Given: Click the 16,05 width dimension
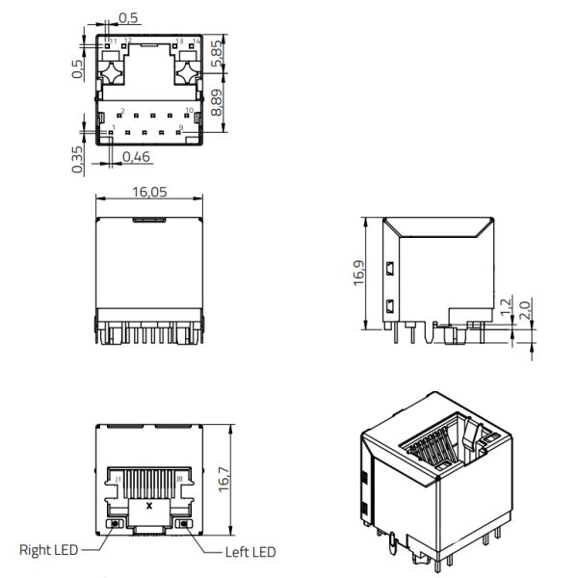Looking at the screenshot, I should pos(148,193).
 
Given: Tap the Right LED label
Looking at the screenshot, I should pos(47,551).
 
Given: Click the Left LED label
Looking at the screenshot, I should pos(250,552).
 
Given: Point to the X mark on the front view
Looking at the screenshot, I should pos(148,505).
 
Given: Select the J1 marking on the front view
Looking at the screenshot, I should pos(118,478).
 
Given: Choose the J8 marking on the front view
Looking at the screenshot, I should pos(180,478).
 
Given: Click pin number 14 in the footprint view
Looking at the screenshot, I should pos(197,40).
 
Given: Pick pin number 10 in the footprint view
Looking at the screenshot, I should pos(189,111).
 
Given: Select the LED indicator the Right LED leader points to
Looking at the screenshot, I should pos(116,523).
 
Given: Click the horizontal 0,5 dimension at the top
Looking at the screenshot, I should pos(127,17).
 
